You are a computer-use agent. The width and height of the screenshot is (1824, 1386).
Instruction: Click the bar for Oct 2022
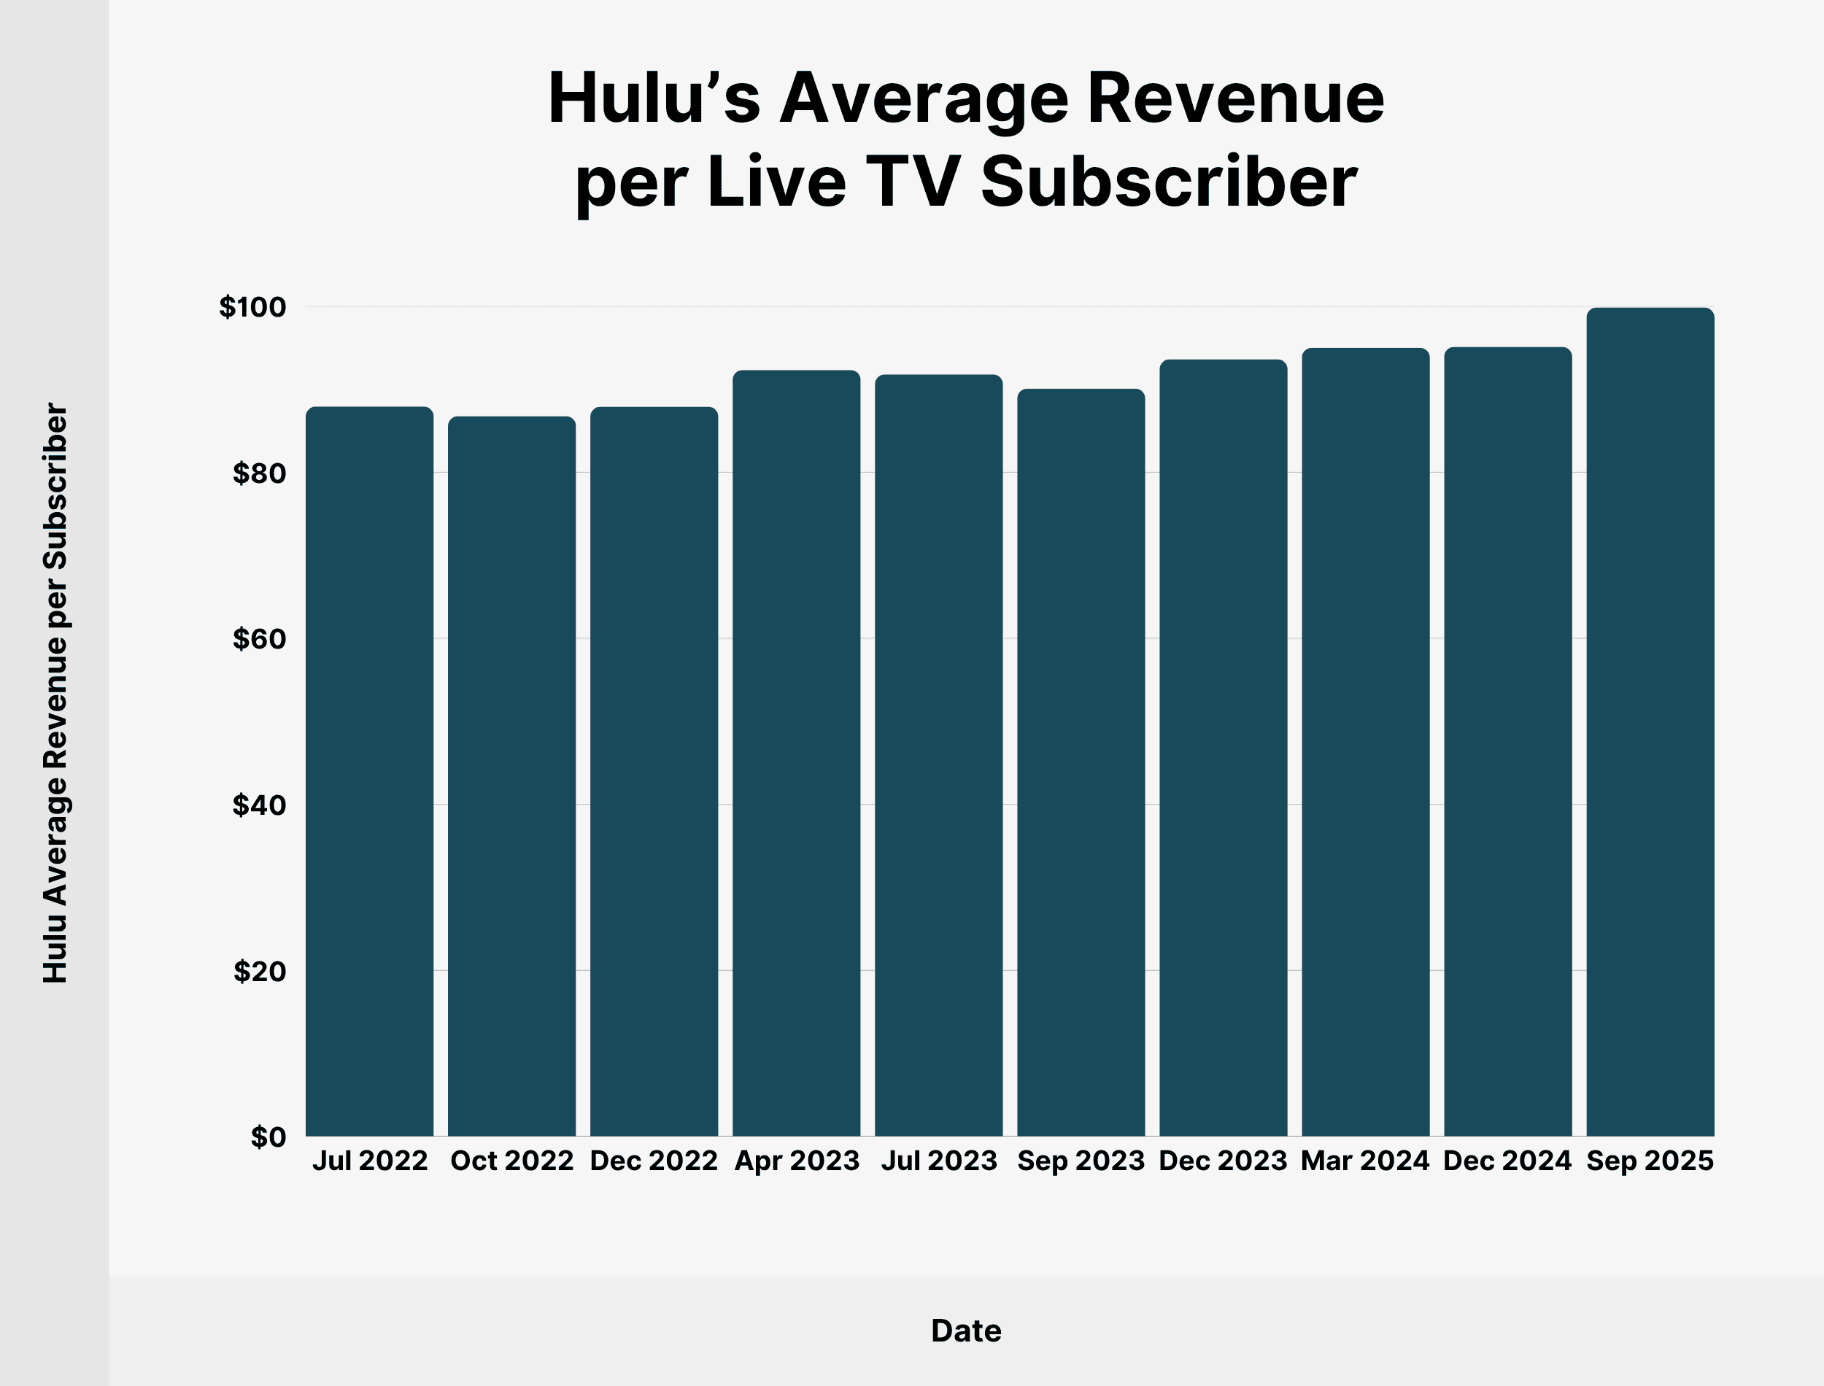(511, 775)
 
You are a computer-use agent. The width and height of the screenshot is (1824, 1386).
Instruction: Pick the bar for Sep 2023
(1081, 762)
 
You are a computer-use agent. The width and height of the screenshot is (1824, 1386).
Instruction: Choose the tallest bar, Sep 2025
(1650, 722)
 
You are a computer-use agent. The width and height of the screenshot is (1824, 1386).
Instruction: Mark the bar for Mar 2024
(1365, 742)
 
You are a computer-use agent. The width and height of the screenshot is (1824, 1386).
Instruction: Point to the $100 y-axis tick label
(252, 307)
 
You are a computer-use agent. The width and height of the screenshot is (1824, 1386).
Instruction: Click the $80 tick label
(259, 473)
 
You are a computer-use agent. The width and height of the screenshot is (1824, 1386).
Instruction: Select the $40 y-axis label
(259, 805)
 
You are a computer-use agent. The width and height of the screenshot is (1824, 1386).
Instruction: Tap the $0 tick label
(268, 1137)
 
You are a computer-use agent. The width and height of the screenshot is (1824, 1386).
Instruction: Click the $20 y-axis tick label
(259, 971)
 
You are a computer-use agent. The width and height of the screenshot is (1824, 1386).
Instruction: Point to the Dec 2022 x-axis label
(654, 1161)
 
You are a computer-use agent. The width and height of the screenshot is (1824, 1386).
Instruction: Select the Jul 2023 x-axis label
(939, 1161)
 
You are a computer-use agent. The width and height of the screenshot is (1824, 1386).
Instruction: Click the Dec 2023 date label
(1223, 1161)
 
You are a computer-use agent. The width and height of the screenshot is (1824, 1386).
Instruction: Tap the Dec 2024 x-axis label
(1507, 1161)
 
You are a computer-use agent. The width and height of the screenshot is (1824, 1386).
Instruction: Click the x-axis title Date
(966, 1331)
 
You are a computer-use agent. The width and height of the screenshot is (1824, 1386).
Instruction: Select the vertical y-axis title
(55, 693)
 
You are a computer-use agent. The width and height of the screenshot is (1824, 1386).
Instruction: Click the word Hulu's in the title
(654, 98)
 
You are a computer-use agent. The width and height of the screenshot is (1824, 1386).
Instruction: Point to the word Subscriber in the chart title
(1168, 182)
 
